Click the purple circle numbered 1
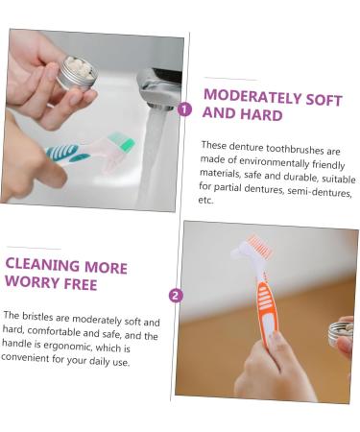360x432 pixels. [x=184, y=109]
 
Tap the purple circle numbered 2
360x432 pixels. [x=175, y=295]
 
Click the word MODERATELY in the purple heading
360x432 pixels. [x=252, y=96]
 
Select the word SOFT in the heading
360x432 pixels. [x=324, y=100]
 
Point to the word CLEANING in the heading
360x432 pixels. [x=42, y=265]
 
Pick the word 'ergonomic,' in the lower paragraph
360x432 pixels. [x=68, y=347]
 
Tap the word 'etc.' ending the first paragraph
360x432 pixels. [x=205, y=200]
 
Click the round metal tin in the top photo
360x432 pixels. [x=77, y=73]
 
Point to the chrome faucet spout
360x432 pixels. [x=159, y=89]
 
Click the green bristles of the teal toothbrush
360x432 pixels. [x=121, y=142]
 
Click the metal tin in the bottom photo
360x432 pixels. [x=341, y=333]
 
